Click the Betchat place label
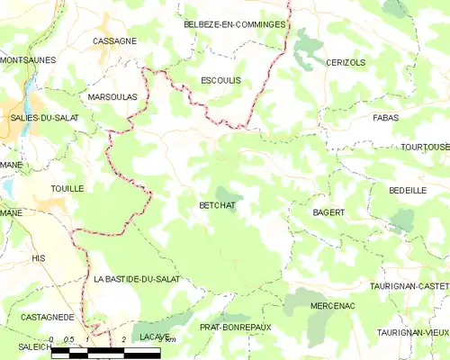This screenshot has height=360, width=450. pyautogui.click(x=216, y=205)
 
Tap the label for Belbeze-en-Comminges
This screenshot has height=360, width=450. pyautogui.click(x=234, y=24)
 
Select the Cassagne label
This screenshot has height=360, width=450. pyautogui.click(x=114, y=41)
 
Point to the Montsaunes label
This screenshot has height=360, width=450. pyautogui.click(x=28, y=59)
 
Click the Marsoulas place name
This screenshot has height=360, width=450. pyautogui.click(x=112, y=95)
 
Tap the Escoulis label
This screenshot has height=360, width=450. pyautogui.click(x=220, y=80)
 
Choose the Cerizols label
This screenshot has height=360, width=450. pyautogui.click(x=345, y=62)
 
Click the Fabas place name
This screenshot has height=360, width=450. pyautogui.click(x=385, y=118)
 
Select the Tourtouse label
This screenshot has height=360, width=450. pyautogui.click(x=425, y=147)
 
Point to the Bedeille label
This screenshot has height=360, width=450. pyautogui.click(x=408, y=191)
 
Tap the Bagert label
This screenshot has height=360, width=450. pyautogui.click(x=328, y=212)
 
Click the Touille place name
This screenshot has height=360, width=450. pyautogui.click(x=67, y=188)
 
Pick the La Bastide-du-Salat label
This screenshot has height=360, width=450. pyautogui.click(x=137, y=279)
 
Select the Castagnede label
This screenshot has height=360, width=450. pyautogui.click(x=48, y=318)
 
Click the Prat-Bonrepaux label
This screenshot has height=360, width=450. pyautogui.click(x=235, y=328)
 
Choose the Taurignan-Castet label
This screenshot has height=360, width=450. pyautogui.click(x=409, y=285)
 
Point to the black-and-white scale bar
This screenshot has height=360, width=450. pyautogui.click(x=105, y=351)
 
